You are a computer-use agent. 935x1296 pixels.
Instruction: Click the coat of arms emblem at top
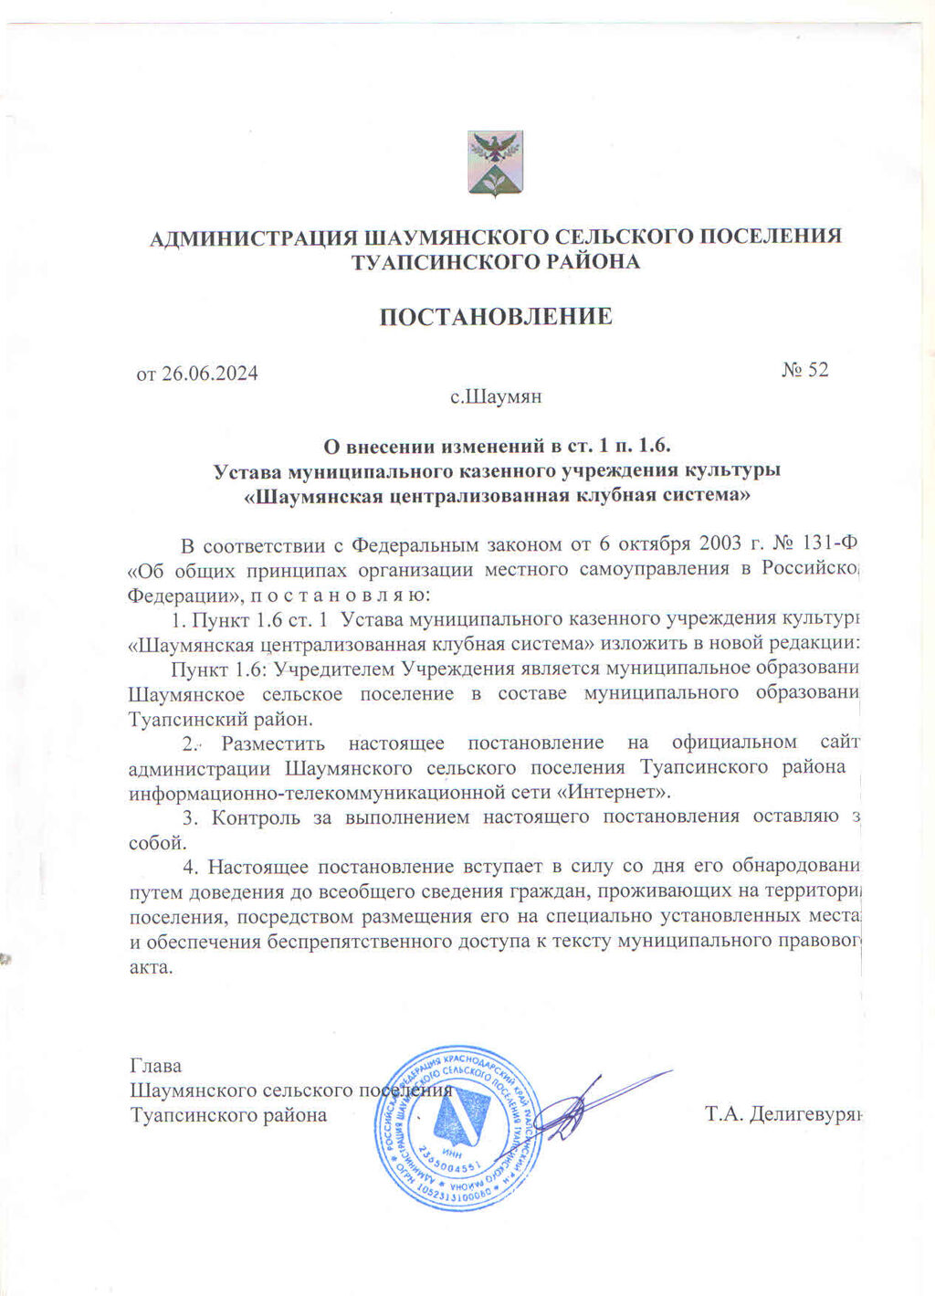click(x=495, y=162)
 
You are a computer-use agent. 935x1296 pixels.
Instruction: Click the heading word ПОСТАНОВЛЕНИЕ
click(x=495, y=317)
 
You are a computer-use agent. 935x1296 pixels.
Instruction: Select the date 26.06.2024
click(x=210, y=374)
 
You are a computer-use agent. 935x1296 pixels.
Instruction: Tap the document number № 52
click(x=804, y=370)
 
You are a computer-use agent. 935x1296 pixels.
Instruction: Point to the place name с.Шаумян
click(x=496, y=397)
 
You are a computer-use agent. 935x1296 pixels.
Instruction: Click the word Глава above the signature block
click(x=156, y=1066)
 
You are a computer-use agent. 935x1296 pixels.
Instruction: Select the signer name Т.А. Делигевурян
click(x=783, y=1115)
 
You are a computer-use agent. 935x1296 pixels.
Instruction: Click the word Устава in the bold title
click(x=247, y=471)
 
